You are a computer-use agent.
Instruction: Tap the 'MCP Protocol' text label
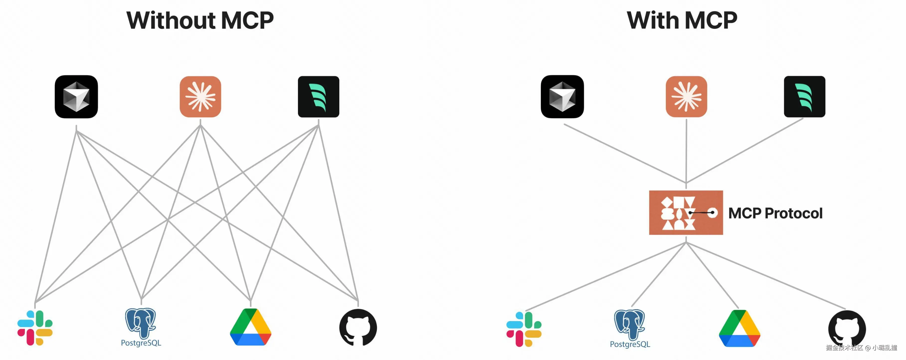tap(775, 213)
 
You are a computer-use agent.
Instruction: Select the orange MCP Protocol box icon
tap(686, 213)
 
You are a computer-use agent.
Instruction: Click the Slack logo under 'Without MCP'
tap(35, 328)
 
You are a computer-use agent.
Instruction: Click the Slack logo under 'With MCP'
tap(524, 329)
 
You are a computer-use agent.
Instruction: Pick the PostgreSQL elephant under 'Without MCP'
tap(140, 323)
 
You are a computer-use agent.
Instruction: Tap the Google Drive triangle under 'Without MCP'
tap(250, 327)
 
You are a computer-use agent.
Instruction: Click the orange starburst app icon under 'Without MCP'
tap(200, 97)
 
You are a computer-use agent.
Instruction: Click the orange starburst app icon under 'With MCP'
tap(686, 97)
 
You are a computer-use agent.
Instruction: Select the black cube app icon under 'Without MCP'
tap(76, 97)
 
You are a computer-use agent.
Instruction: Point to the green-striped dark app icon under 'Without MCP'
tap(319, 97)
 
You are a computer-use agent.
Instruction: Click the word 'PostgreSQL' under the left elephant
tap(141, 343)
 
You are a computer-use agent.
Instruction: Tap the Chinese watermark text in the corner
tap(861, 348)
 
